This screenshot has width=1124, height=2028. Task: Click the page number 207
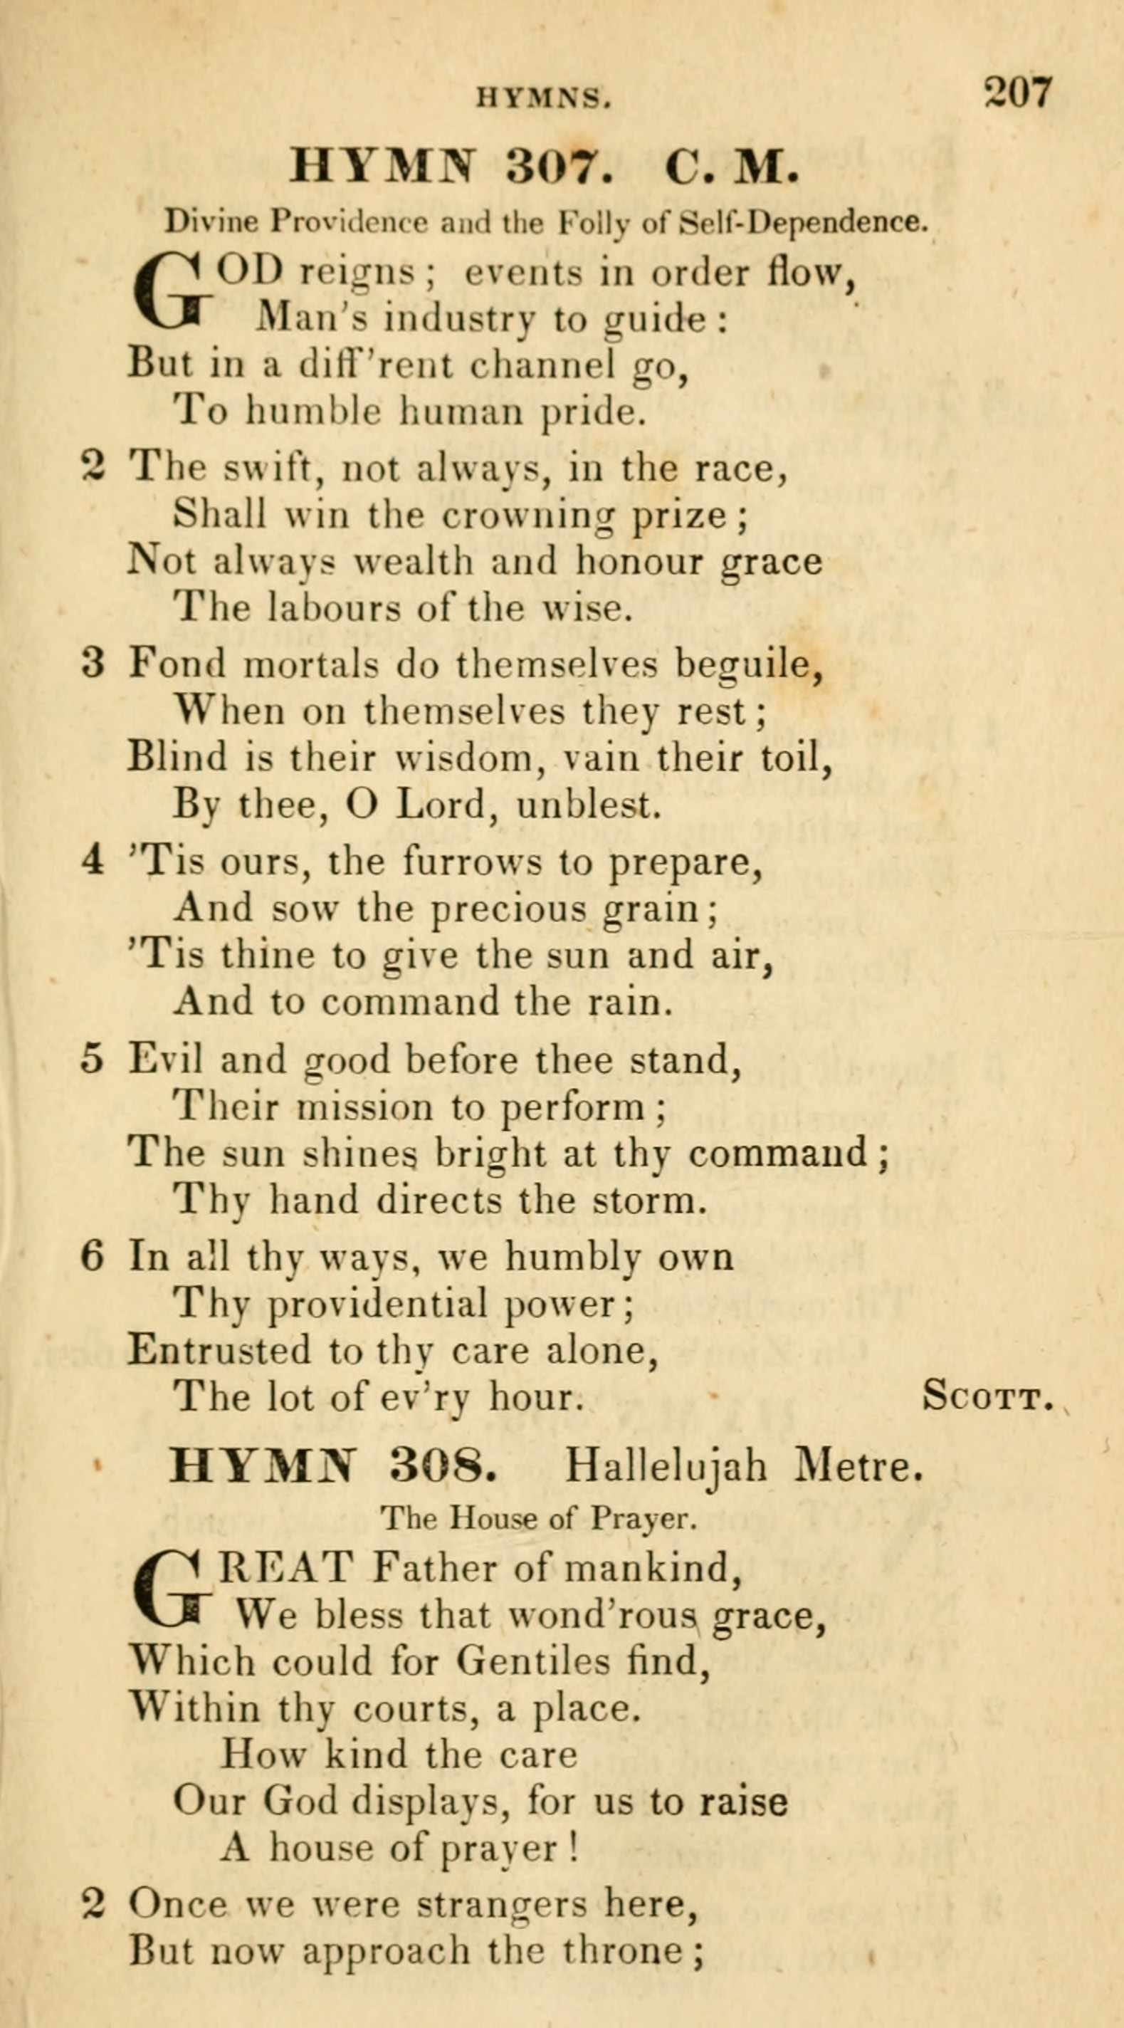1017,93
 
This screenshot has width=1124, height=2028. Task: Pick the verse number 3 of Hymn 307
93,664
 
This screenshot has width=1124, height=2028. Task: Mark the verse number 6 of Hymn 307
92,1257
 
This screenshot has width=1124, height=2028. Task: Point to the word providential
378,1305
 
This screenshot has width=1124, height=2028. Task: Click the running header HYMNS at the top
543,98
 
